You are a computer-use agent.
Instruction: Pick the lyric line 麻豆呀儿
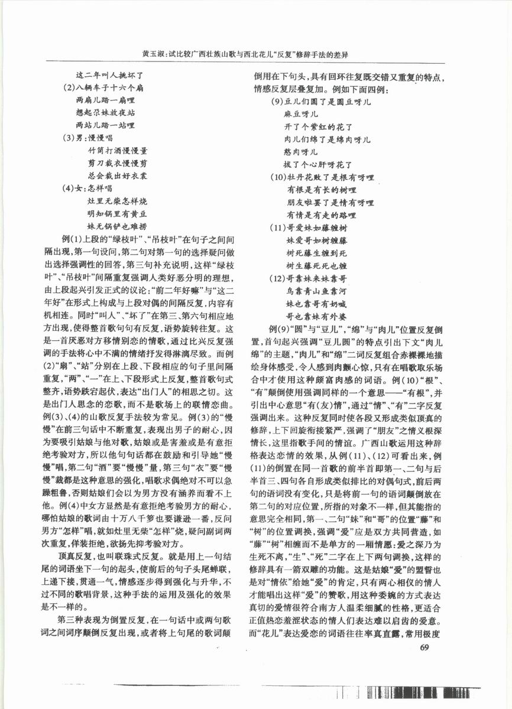(301, 114)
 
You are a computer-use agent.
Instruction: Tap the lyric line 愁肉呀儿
(301, 152)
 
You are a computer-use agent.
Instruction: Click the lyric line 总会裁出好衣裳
(117, 175)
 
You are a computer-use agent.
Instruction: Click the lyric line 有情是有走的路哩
(322, 214)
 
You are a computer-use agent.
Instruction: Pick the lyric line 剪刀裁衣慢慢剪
(117, 163)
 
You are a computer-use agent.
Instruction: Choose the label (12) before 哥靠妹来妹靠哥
(277, 278)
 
